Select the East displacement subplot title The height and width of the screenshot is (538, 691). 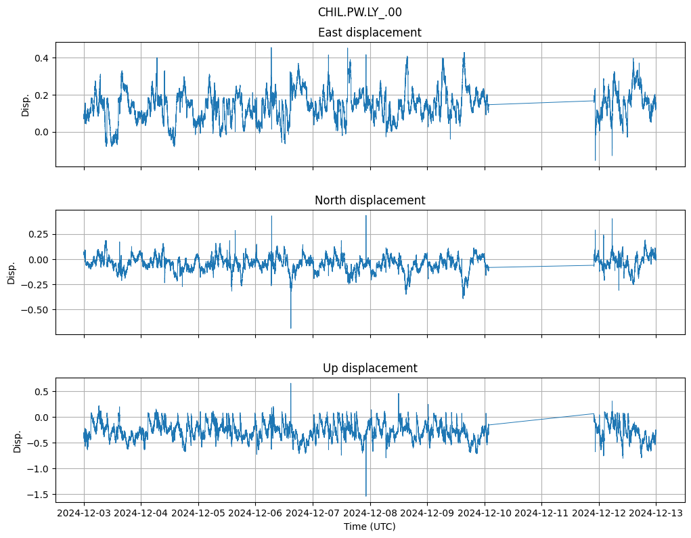(x=370, y=32)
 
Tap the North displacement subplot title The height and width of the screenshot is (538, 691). (x=370, y=200)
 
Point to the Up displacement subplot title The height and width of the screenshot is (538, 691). (x=370, y=368)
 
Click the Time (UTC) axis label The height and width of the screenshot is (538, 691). (x=370, y=526)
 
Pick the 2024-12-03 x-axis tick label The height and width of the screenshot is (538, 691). (x=84, y=513)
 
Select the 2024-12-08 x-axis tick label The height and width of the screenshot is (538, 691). (x=370, y=513)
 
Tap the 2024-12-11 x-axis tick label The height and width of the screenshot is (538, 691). (x=541, y=513)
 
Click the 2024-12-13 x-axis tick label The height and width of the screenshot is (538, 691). (x=656, y=513)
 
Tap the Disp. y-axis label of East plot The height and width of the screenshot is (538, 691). (x=26, y=105)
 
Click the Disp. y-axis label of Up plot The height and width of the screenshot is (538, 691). (x=18, y=441)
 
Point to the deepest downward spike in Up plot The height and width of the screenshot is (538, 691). (x=366, y=495)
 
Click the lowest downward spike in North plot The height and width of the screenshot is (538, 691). (x=291, y=328)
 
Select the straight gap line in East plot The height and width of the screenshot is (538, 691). (x=541, y=103)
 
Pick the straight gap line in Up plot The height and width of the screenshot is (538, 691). (x=541, y=419)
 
